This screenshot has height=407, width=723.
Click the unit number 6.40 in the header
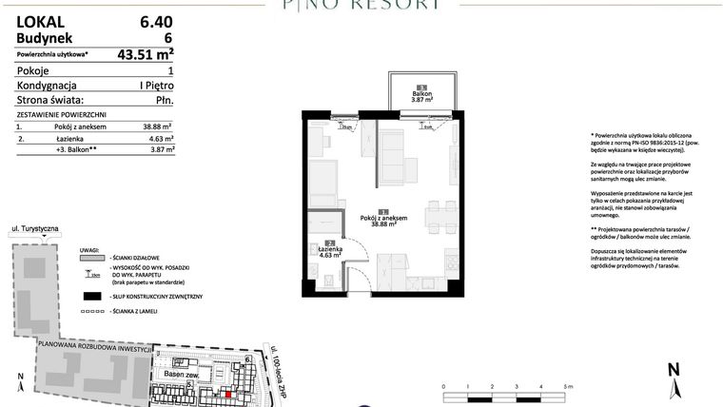tap(156, 20)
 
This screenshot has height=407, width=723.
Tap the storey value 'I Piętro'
tap(154, 85)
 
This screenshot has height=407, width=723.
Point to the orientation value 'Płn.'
tap(162, 99)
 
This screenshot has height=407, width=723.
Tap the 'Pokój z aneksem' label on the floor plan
tap(384, 220)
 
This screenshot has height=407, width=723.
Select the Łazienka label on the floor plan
tap(329, 251)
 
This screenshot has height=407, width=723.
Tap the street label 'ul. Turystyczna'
tap(35, 230)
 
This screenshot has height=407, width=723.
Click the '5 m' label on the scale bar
tap(569, 387)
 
